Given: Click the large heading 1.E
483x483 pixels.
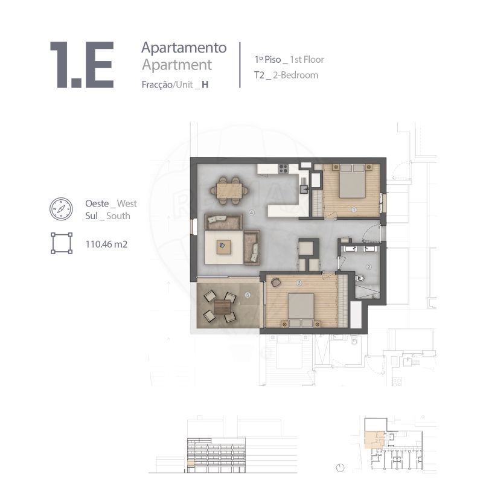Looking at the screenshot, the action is tap(82, 65).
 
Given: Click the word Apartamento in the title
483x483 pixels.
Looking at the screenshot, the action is tap(184, 48).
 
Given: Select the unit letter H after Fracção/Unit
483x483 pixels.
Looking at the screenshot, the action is tap(205, 85).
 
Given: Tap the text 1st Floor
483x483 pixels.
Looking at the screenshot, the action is tap(307, 59).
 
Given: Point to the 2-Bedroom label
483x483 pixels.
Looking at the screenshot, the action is tap(295, 75).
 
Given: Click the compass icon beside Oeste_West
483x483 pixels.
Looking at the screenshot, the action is tap(62, 209).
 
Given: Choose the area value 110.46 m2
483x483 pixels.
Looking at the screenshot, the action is tap(106, 245).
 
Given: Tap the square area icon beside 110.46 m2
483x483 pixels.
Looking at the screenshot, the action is tap(62, 243).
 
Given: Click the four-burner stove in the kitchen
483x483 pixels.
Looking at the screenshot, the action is tap(283, 169).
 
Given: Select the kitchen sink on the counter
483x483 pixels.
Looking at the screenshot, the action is tap(304, 188).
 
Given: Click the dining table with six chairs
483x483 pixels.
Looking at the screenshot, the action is tap(229, 191).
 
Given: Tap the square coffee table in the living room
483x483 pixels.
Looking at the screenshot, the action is tap(223, 247).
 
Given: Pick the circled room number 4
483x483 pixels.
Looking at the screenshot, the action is tap(252, 213).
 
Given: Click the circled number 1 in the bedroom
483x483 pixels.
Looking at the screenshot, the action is tap(354, 210).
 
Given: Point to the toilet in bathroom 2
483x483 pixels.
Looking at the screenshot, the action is tap(359, 279).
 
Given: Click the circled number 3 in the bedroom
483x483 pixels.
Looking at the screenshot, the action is tap(298, 283).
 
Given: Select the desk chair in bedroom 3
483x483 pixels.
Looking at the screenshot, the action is tap(275, 282).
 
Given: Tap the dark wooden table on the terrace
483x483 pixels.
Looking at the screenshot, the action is tap(222, 307).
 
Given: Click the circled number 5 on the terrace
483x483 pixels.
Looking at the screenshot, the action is tap(248, 295).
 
